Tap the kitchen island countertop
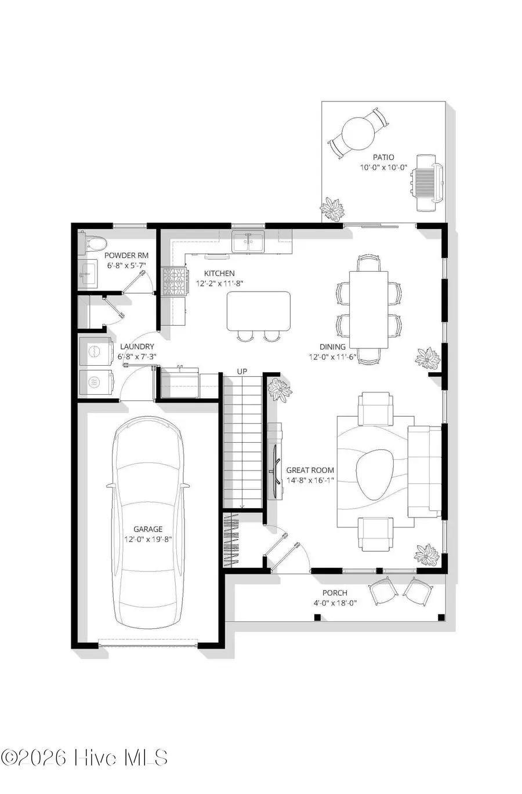pos(259,311)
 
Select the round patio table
pos(357,134)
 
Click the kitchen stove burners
pos(175,282)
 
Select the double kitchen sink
pos(248,242)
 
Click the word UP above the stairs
pos(242,371)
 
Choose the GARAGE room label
pos(148,529)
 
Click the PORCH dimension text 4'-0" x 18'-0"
pos(335,603)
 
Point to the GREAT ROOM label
pos(310,470)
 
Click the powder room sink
pos(88,271)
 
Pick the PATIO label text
pos(383,157)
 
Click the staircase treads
pos(242,440)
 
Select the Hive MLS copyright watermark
pos(85,757)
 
